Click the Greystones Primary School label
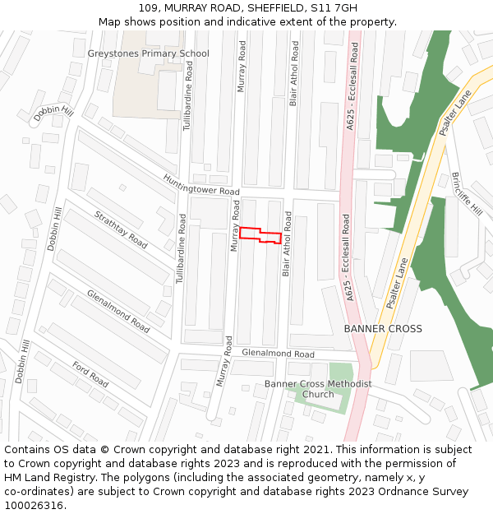148,53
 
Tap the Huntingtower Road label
201,185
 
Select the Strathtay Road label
121,230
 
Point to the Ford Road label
90,374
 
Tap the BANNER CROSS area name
383,329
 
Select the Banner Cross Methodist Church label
318,389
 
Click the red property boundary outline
260,234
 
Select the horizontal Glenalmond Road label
278,354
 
